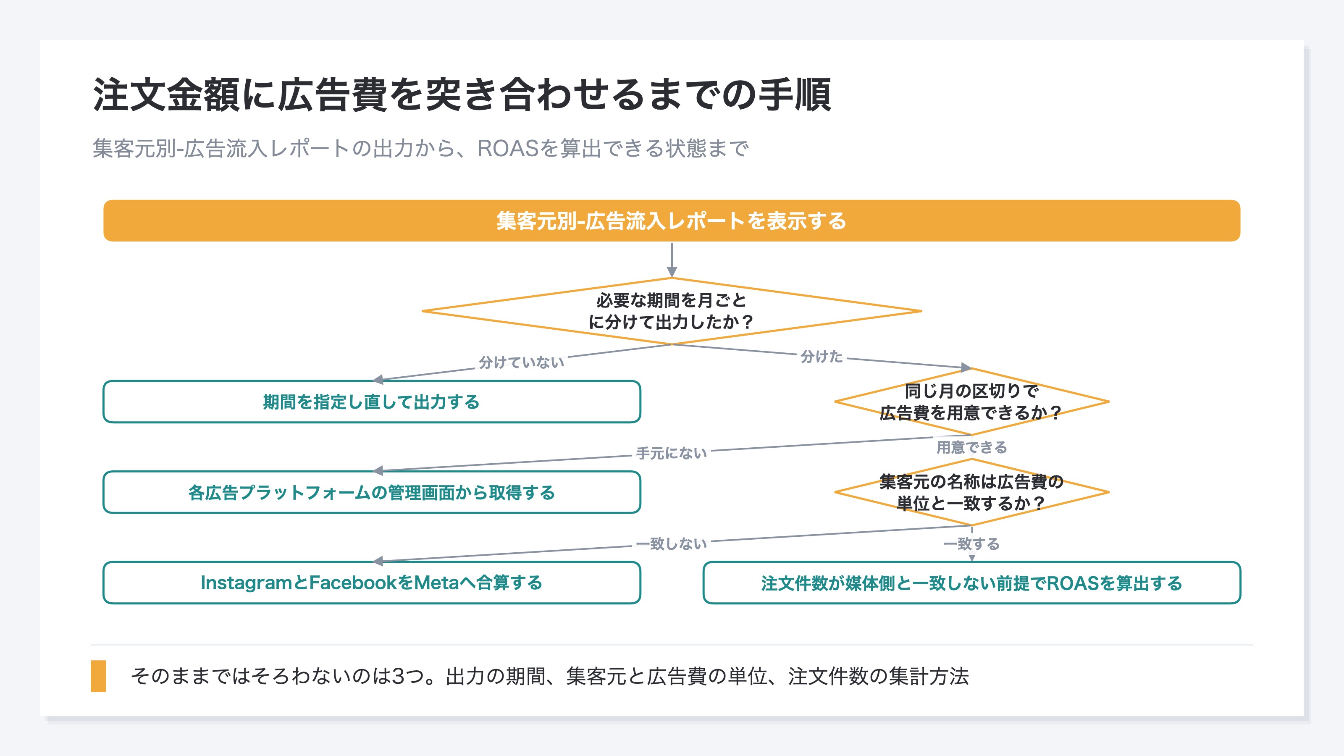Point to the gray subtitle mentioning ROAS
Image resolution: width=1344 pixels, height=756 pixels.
[x=420, y=148]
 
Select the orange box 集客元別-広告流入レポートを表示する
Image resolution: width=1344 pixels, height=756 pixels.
[x=672, y=220]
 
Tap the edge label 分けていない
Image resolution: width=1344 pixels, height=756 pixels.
[x=521, y=362]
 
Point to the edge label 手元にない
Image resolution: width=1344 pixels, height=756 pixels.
[x=672, y=453]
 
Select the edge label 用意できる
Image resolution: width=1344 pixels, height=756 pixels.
[x=971, y=447]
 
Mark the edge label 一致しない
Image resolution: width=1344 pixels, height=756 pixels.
[x=672, y=543]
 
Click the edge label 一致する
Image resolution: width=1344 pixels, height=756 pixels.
[x=971, y=543]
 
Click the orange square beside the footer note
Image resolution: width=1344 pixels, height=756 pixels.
[x=98, y=676]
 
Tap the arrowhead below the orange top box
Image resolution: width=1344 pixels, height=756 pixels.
[x=672, y=272]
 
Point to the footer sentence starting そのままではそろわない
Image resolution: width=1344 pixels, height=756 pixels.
[x=549, y=676]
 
